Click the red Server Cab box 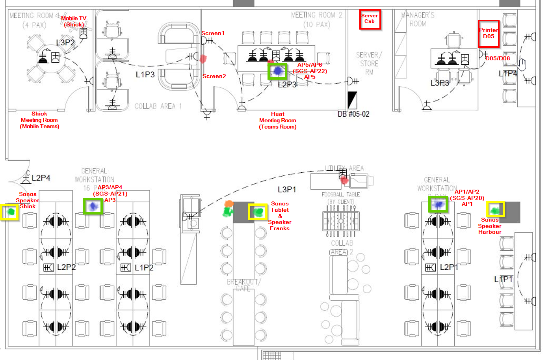pos(370,19)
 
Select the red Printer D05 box pos(489,34)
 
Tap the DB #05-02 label pos(353,114)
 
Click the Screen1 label pos(213,34)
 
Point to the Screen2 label pos(214,76)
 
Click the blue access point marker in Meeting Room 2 pos(278,71)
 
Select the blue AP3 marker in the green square pos(93,206)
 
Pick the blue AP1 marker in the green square pos(438,204)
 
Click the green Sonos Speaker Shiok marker pos(11,212)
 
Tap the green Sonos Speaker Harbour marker pos(495,210)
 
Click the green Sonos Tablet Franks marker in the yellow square pos(258,212)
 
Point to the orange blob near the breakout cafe pos(229,204)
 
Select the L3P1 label pos(287,190)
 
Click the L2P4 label pos(41,178)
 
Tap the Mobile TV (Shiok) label pos(73,21)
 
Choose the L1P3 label pos(145,75)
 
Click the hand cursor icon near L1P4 pos(522,63)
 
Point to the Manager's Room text pos(418,19)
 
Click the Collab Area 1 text pos(158,106)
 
